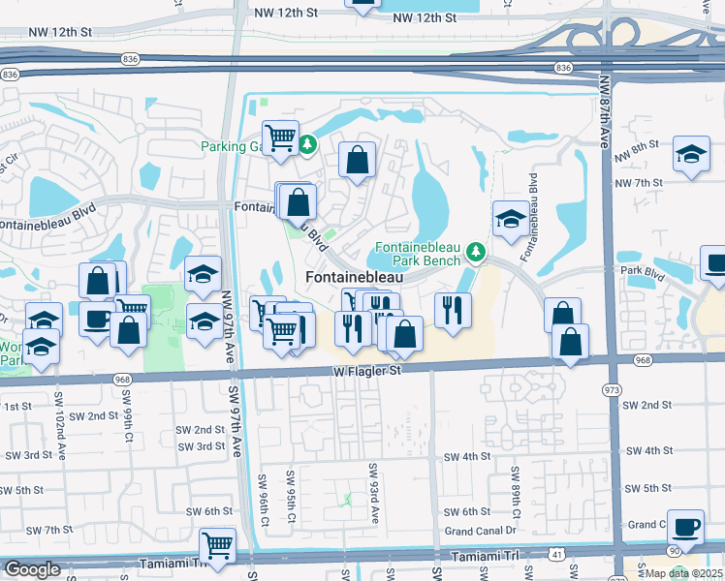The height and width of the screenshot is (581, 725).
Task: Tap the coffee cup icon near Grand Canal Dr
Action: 686,528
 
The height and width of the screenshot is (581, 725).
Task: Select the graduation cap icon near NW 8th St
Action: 690,155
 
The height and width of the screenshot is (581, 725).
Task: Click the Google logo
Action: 32,569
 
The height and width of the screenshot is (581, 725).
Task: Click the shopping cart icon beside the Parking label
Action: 280,138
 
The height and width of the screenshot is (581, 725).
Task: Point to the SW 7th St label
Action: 49,530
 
